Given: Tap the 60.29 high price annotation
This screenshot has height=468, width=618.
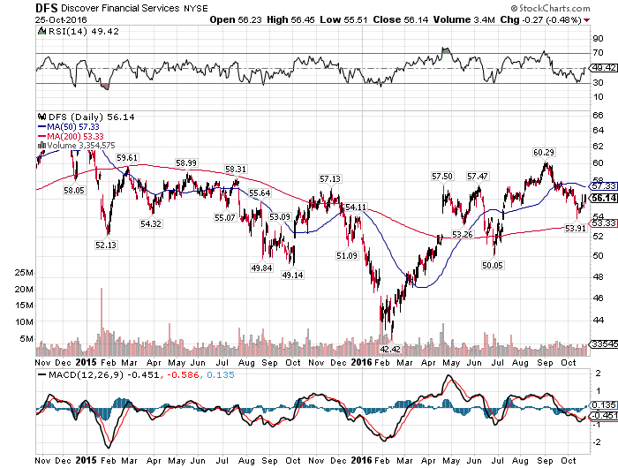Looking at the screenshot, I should coord(543,152).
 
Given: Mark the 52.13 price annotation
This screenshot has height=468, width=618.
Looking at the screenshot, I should coord(107,245).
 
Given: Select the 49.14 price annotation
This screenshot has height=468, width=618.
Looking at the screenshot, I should coord(292,275).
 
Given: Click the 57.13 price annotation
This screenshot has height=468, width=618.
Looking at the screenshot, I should coord(329,178).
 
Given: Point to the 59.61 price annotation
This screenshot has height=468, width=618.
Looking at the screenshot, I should coord(127,157).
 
